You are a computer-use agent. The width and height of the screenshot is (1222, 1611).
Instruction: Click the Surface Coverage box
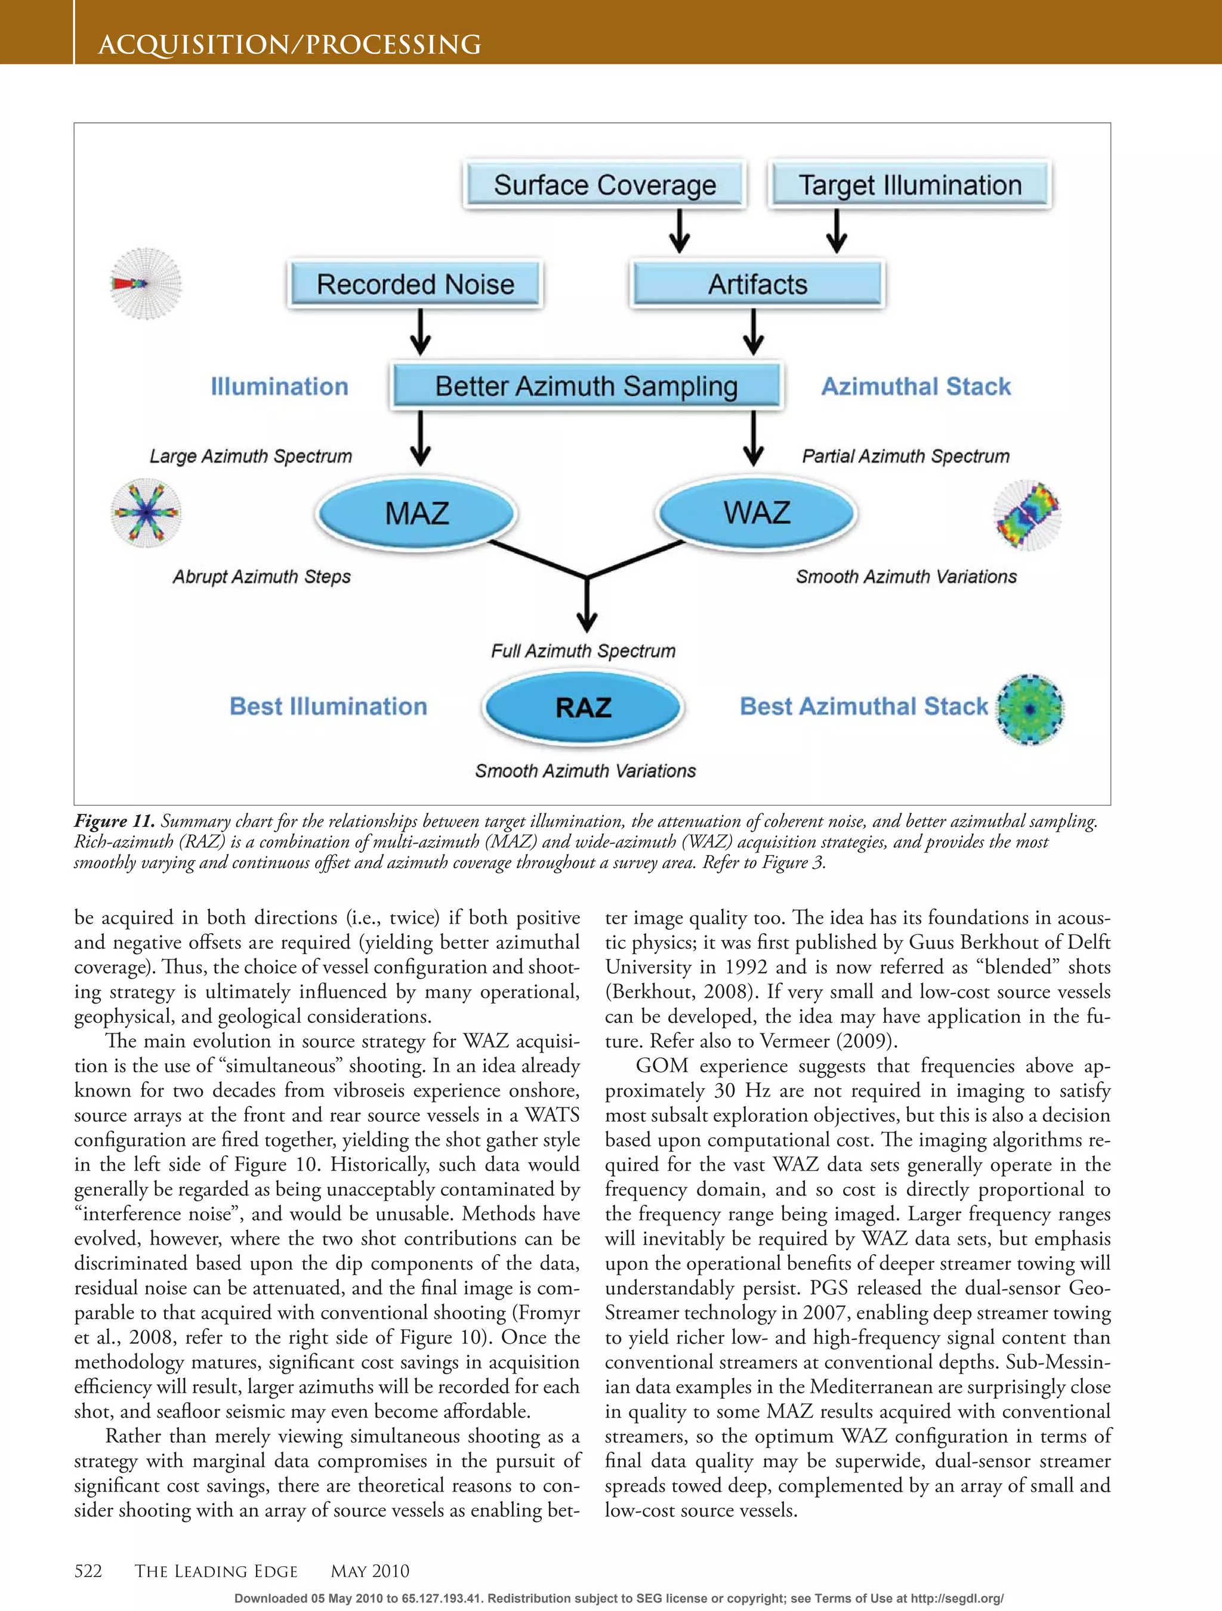[604, 185]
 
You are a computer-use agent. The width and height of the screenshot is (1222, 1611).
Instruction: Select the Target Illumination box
[909, 185]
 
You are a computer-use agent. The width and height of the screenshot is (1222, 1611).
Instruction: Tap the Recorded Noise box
[415, 284]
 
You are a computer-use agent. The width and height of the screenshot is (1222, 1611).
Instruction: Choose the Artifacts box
[757, 284]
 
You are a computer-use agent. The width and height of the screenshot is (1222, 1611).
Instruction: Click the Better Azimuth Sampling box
[587, 386]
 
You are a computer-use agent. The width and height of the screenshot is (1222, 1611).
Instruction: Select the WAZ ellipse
[757, 512]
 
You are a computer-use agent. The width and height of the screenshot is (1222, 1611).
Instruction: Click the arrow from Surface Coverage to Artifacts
[680, 232]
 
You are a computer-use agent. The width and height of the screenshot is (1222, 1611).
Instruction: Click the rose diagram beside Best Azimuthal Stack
[1029, 709]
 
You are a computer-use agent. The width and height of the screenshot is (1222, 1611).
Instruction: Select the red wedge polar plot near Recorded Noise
[146, 284]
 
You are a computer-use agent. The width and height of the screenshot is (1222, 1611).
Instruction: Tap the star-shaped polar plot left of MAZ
[146, 513]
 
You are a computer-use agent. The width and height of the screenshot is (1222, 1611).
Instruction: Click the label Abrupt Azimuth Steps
[261, 577]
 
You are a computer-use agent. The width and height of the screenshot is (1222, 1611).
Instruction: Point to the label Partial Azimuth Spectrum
[905, 456]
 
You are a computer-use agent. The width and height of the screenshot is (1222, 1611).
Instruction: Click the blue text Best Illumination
[328, 706]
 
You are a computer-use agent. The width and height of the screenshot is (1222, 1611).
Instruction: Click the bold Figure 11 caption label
[113, 822]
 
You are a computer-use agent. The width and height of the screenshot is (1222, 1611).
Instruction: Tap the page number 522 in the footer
[88, 1571]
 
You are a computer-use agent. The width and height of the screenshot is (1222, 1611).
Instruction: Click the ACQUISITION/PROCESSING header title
[290, 45]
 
